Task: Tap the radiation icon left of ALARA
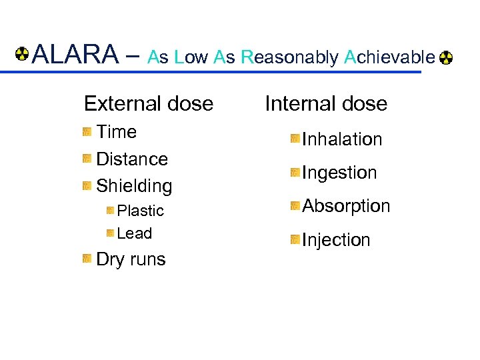click(23, 53)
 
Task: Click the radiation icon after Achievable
click(446, 58)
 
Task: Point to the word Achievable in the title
click(389, 57)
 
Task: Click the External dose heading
click(149, 103)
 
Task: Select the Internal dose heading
click(326, 103)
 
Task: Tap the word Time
click(117, 132)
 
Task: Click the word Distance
click(132, 159)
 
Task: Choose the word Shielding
click(134, 185)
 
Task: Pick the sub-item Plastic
click(140, 211)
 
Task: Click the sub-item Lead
click(134, 233)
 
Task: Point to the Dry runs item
click(131, 259)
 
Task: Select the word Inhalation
click(342, 139)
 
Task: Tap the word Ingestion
click(339, 173)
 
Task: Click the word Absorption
click(346, 206)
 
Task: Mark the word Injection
click(336, 240)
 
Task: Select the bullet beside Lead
click(110, 233)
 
